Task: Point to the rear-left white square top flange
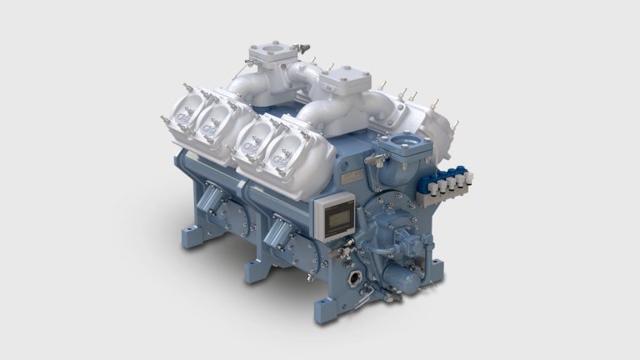[x=272, y=57]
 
